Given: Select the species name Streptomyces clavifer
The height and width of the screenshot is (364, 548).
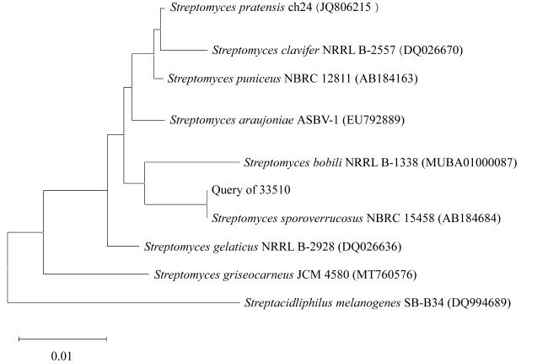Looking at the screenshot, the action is tap(266, 50).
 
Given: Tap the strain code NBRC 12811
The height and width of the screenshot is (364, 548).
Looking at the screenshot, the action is tap(317, 78).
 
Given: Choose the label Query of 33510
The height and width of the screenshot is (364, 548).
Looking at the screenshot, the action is tap(251, 190).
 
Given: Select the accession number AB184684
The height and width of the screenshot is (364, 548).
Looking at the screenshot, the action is tap(470, 218).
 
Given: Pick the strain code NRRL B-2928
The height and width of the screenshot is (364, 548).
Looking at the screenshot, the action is tap(298, 247).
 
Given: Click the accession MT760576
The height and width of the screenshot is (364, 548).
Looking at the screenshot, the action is tap(384, 274).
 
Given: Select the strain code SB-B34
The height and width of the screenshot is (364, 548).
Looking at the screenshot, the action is tap(424, 302).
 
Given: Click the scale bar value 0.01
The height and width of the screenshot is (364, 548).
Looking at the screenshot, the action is tap(62, 356).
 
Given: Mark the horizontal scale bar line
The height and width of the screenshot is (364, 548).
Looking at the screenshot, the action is tap(63, 339).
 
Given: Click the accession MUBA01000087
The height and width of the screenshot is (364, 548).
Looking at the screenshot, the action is tap(469, 162).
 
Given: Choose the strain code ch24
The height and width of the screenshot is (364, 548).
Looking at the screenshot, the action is tap(300, 8).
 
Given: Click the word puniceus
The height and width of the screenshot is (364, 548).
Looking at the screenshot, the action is tap(258, 78).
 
